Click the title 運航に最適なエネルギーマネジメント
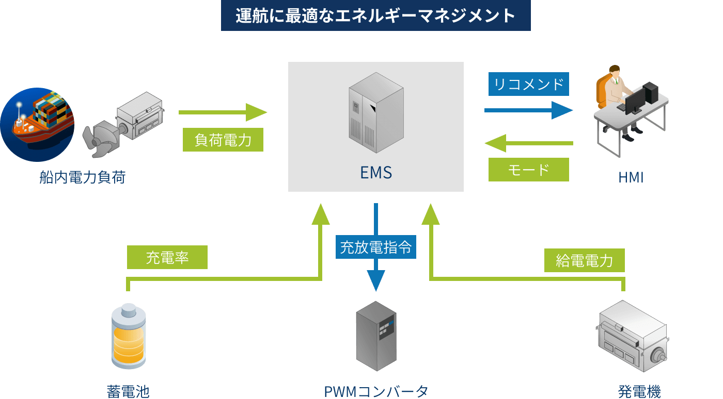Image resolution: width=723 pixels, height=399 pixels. [x=375, y=16]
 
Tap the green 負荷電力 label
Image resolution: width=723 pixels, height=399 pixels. [x=223, y=140]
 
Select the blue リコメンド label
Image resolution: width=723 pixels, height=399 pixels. [x=528, y=84]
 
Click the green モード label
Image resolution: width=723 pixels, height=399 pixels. [x=528, y=170]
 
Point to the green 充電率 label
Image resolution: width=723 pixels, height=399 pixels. [x=167, y=257]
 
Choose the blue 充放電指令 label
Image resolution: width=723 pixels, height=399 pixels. [x=375, y=247]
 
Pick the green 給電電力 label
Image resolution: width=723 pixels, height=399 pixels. [x=584, y=260]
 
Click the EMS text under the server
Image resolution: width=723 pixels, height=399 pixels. [x=376, y=172]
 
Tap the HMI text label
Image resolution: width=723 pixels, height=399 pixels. [x=631, y=177]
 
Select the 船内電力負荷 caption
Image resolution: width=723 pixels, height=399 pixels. [x=83, y=178]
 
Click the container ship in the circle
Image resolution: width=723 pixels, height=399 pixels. [x=37, y=124]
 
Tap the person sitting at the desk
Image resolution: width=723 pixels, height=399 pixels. [x=615, y=98]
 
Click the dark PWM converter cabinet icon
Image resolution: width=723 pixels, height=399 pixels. [x=376, y=336]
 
